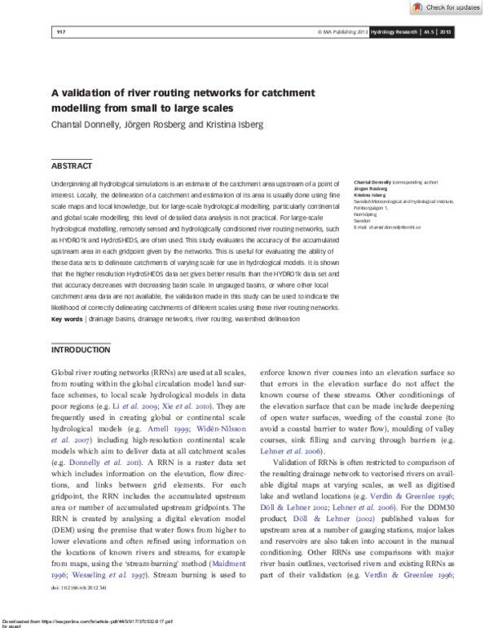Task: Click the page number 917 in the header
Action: [x=60, y=32]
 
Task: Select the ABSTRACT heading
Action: [x=72, y=166]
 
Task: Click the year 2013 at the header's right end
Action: [x=446, y=32]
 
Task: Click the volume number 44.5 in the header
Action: [x=428, y=32]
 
